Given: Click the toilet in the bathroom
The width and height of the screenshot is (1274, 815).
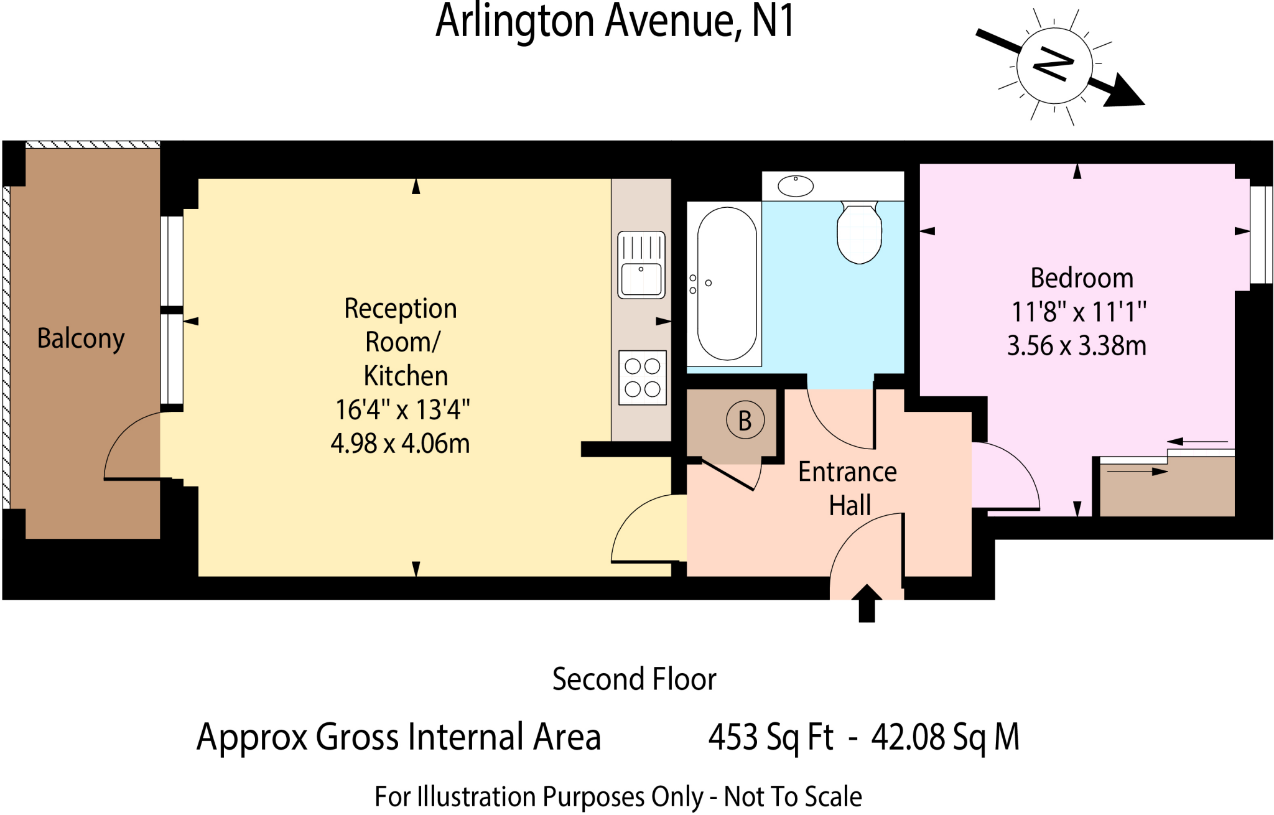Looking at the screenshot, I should pos(859,233).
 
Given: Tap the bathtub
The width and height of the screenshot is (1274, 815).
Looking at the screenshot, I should pos(726,284).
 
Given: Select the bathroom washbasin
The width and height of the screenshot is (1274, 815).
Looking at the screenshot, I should pos(795,185).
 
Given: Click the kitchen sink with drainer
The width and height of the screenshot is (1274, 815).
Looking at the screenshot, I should pos(641,265).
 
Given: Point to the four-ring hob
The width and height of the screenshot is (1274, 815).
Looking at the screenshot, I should pos(643,378).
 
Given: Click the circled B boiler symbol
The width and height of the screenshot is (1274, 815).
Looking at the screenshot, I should pos(745,421).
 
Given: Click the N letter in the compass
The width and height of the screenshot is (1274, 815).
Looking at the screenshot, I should pos(1053,64).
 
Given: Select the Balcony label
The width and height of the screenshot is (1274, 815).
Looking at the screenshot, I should pos(81,339).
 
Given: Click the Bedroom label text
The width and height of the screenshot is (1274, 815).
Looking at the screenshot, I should pos(1082,278).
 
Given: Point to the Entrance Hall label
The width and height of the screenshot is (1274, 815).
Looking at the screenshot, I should pos(847,488).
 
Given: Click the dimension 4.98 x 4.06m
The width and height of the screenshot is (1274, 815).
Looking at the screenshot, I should pos(400,444).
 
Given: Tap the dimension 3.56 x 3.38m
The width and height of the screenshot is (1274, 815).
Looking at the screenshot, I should pos(1076,346).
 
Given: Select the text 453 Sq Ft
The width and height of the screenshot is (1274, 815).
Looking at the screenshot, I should pos(770,737).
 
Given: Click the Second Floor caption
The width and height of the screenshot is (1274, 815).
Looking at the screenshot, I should pos(634,679).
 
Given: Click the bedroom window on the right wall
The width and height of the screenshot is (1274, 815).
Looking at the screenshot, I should pos(1261,235).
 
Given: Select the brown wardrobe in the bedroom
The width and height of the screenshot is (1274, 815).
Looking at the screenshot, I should pos(1167,488).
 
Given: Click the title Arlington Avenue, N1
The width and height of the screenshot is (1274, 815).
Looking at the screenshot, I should pos(615,21).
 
